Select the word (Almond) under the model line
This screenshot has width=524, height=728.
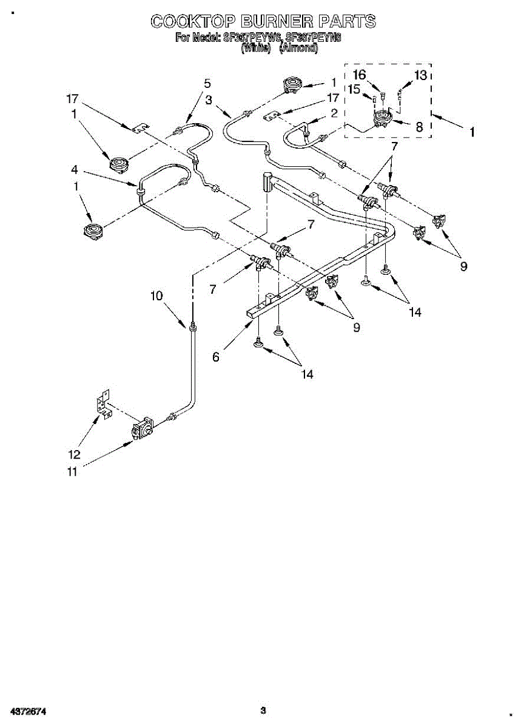pyautogui.click(x=298, y=49)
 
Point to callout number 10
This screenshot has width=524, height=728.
pyautogui.click(x=157, y=295)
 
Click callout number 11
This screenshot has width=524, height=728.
pyautogui.click(x=73, y=473)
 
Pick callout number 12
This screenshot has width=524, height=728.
pyautogui.click(x=74, y=454)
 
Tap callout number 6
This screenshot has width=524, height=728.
pyautogui.click(x=215, y=357)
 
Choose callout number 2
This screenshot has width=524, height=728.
pyautogui.click(x=333, y=113)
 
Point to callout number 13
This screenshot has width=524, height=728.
pyautogui.click(x=420, y=75)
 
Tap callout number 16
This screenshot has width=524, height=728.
pyautogui.click(x=360, y=75)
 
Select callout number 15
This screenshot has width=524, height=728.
pyautogui.click(x=354, y=89)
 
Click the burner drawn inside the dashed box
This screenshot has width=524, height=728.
pyautogui.click(x=383, y=118)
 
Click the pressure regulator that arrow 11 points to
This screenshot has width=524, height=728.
pyautogui.click(x=143, y=430)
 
